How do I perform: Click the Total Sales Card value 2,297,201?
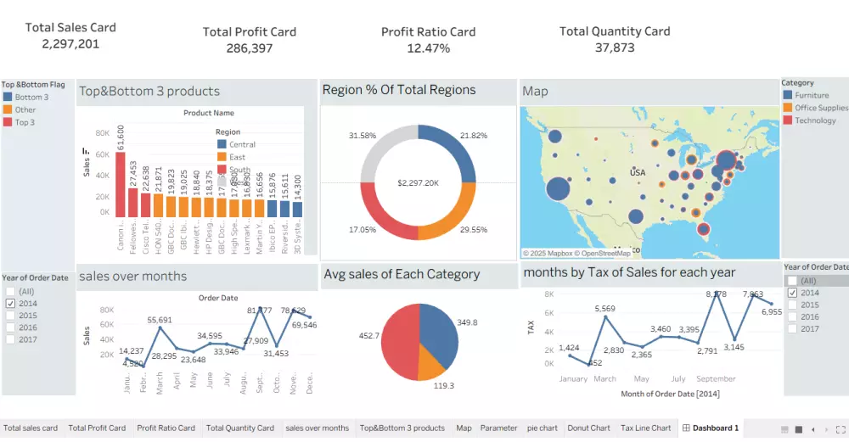70,44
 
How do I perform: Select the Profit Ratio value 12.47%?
428,48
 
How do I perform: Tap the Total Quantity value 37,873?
615,48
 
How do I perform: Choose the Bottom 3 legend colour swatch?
8,98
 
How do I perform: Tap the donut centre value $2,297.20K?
418,183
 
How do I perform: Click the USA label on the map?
637,172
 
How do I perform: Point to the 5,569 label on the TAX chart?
604,308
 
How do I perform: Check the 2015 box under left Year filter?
10,315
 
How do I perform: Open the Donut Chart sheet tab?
588,428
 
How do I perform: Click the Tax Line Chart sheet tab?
644,428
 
